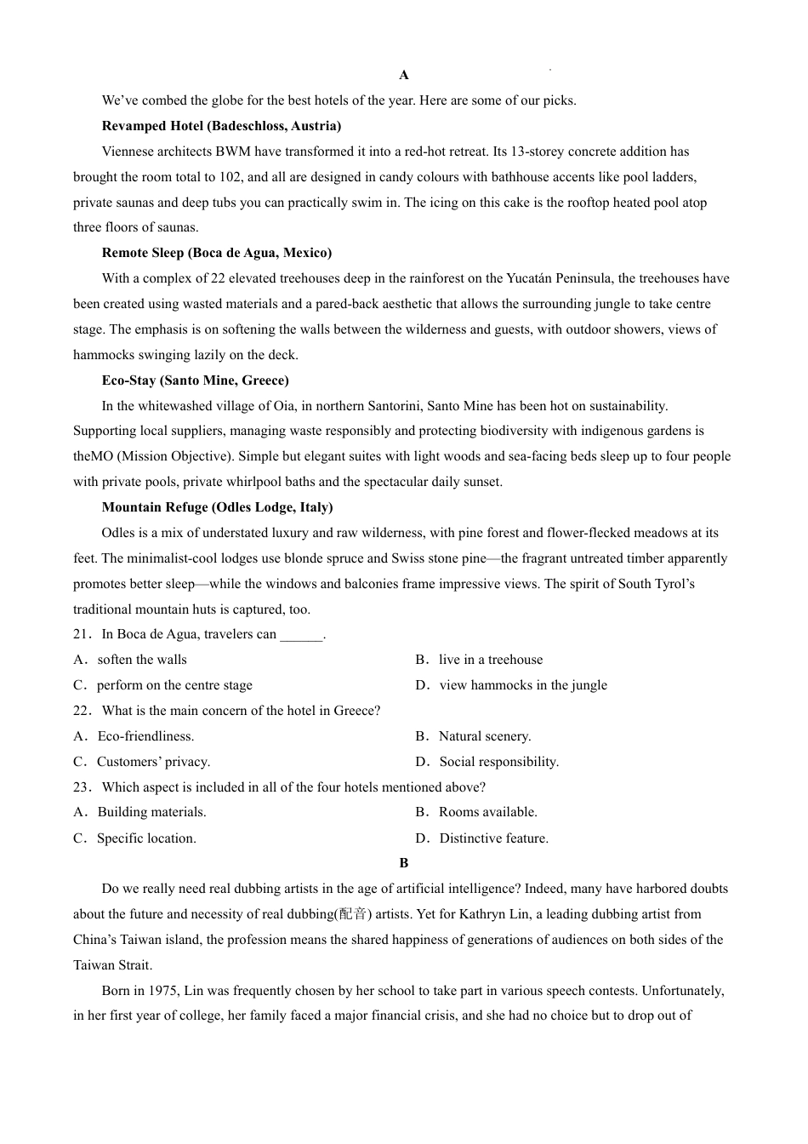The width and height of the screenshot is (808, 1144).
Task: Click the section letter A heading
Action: click(404, 75)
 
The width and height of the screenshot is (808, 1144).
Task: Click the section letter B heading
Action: click(404, 863)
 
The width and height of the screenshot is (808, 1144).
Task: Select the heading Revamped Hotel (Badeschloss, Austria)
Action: click(221, 126)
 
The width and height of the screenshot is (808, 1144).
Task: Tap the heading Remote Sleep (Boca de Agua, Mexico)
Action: click(217, 253)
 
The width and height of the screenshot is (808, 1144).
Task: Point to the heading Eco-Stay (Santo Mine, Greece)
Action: click(195, 380)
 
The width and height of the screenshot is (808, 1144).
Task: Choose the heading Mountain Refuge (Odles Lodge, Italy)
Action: click(217, 507)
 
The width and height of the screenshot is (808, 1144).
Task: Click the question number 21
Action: click(82, 634)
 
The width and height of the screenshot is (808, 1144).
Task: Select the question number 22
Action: click(82, 711)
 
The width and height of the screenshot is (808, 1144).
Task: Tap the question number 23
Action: click(82, 787)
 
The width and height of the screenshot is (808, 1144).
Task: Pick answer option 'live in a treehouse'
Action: click(490, 660)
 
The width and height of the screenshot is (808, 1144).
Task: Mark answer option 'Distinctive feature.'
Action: click(493, 838)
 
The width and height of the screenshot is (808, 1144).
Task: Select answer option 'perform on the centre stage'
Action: click(174, 685)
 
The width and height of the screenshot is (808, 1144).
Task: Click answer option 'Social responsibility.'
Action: click(498, 762)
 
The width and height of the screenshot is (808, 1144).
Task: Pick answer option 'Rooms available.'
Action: click(487, 812)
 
